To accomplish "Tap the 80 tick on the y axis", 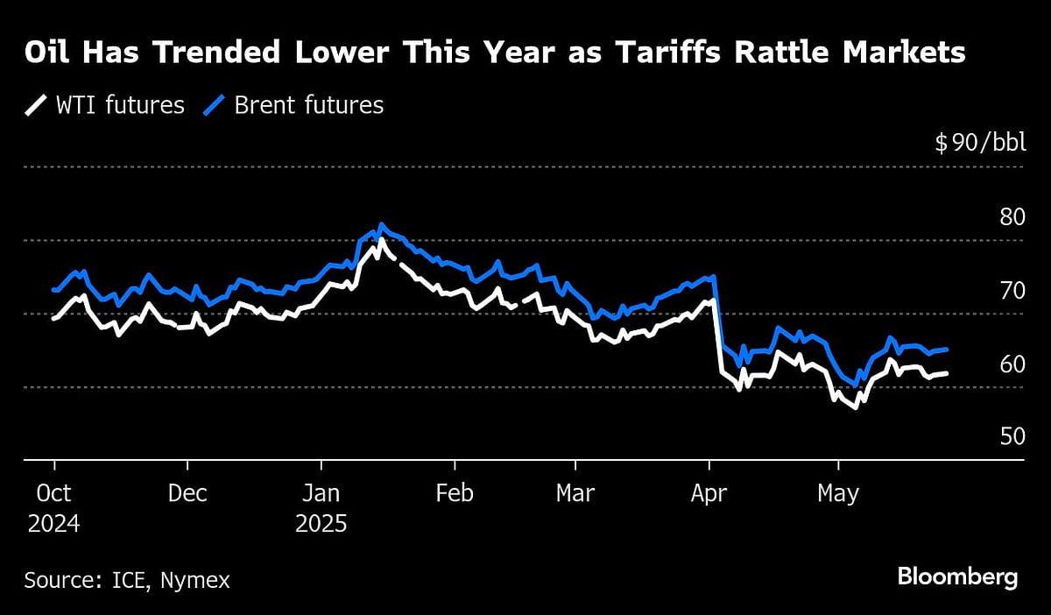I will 1012,216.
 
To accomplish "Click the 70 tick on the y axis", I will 1012,290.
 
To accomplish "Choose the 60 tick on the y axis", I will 1012,364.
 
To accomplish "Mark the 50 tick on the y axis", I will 1012,436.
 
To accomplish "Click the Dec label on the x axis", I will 187,494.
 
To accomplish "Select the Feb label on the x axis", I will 454,494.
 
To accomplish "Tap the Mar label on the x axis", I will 575,494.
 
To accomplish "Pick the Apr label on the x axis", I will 709,494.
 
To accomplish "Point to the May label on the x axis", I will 838,494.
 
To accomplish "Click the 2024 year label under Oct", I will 53,524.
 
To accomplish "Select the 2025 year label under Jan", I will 321,524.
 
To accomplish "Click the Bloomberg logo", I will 957,578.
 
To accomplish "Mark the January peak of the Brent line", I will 380,224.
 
